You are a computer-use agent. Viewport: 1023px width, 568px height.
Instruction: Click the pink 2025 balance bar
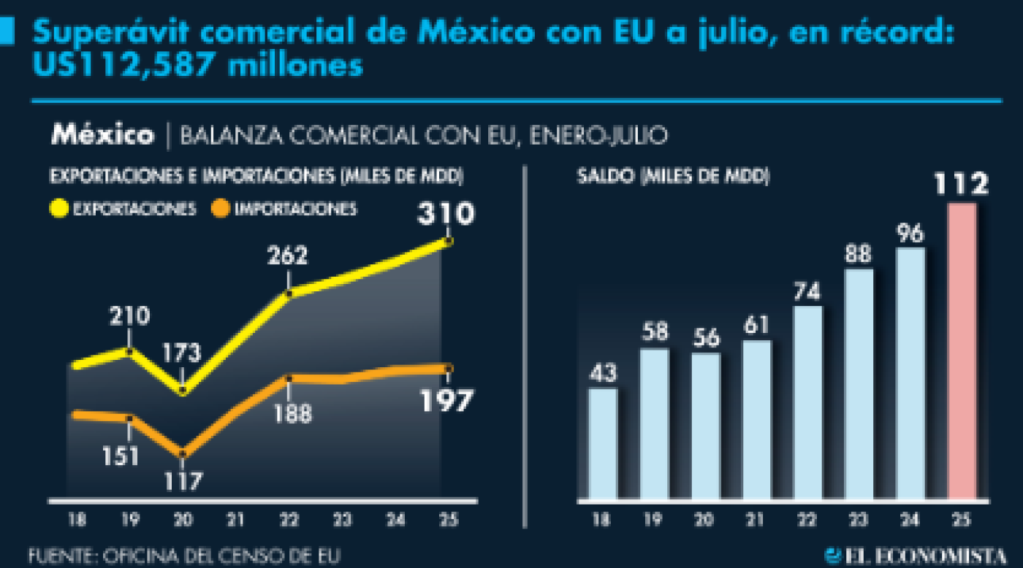point(962,352)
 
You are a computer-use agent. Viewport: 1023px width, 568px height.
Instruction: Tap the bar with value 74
point(807,403)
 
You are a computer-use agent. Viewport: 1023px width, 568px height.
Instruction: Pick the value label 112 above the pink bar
point(962,185)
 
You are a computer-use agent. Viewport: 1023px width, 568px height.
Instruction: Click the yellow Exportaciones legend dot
point(58,209)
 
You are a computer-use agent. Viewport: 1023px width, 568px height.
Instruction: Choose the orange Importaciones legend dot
point(221,209)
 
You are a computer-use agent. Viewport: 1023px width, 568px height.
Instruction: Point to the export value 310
point(446,214)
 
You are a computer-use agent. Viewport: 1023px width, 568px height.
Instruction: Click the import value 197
point(446,401)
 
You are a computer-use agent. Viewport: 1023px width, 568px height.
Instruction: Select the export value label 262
point(287,256)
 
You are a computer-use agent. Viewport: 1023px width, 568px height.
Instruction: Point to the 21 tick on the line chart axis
point(235,520)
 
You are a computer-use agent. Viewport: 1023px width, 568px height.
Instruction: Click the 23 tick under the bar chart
point(859,520)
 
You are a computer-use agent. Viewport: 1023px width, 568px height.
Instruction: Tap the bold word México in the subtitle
point(102,135)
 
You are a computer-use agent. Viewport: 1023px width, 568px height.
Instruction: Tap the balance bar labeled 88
point(859,385)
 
